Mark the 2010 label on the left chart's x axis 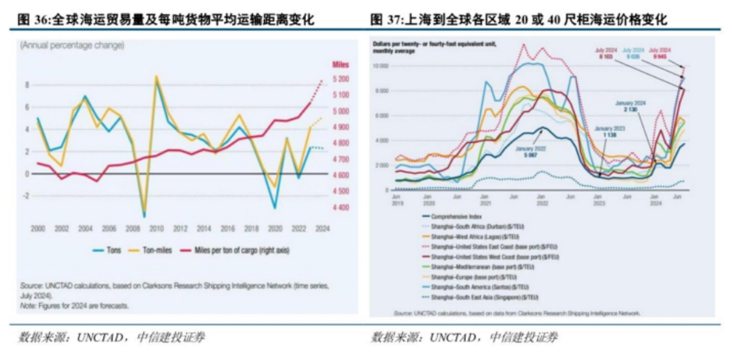(157, 228)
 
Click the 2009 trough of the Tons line (144, 215)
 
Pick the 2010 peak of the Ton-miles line (156, 77)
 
